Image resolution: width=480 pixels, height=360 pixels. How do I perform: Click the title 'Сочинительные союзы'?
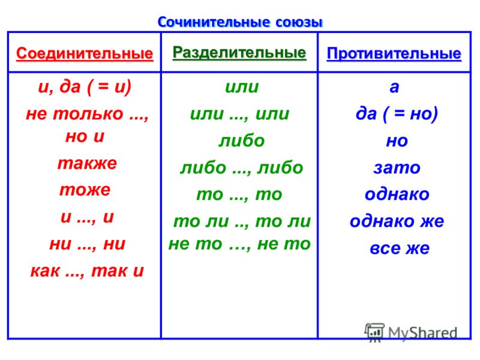pyautogui.click(x=240, y=22)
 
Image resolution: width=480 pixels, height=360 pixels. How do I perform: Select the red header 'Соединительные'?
pyautogui.click(x=85, y=54)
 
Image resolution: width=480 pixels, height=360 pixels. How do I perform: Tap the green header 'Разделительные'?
pyautogui.click(x=239, y=53)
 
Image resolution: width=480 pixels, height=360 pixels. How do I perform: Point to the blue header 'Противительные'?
pyautogui.click(x=394, y=54)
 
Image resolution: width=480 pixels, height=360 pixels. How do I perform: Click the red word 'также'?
pyautogui.click(x=87, y=163)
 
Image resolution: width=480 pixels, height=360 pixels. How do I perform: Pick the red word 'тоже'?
pyautogui.click(x=85, y=190)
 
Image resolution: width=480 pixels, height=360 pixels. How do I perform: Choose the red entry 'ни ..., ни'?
pyautogui.click(x=87, y=244)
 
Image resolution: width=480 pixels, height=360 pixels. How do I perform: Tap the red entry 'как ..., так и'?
pyautogui.click(x=87, y=271)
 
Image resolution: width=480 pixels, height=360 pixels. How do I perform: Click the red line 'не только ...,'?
pyautogui.click(x=87, y=114)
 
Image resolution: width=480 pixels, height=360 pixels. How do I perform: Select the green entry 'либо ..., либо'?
pyautogui.click(x=242, y=167)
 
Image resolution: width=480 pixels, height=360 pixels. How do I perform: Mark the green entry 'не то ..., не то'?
pyautogui.click(x=239, y=244)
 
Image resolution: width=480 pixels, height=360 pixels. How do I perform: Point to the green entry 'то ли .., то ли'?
pyautogui.click(x=242, y=221)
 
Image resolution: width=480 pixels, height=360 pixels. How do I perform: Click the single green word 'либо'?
pyautogui.click(x=242, y=140)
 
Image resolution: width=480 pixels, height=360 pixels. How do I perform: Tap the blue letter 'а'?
pyautogui.click(x=394, y=87)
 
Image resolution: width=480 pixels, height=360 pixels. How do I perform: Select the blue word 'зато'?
pyautogui.click(x=397, y=168)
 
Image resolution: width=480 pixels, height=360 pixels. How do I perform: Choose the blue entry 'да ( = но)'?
pyautogui.click(x=397, y=114)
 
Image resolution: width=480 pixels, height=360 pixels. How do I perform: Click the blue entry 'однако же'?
pyautogui.click(x=397, y=221)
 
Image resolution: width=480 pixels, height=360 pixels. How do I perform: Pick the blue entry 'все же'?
pyautogui.click(x=400, y=248)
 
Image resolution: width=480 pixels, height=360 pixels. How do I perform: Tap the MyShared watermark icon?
pyautogui.click(x=374, y=332)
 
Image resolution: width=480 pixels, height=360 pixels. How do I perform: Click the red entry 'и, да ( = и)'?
pyautogui.click(x=85, y=87)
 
